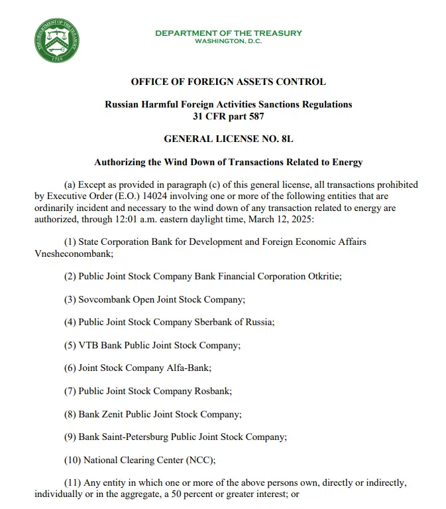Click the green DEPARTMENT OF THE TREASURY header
[x=228, y=33]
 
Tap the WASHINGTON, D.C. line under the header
[x=228, y=41]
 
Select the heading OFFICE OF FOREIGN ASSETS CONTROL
[x=228, y=82]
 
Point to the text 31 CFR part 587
[x=228, y=117]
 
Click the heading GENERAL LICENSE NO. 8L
[x=228, y=139]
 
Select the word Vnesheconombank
[x=71, y=253]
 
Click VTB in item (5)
[x=89, y=345]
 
